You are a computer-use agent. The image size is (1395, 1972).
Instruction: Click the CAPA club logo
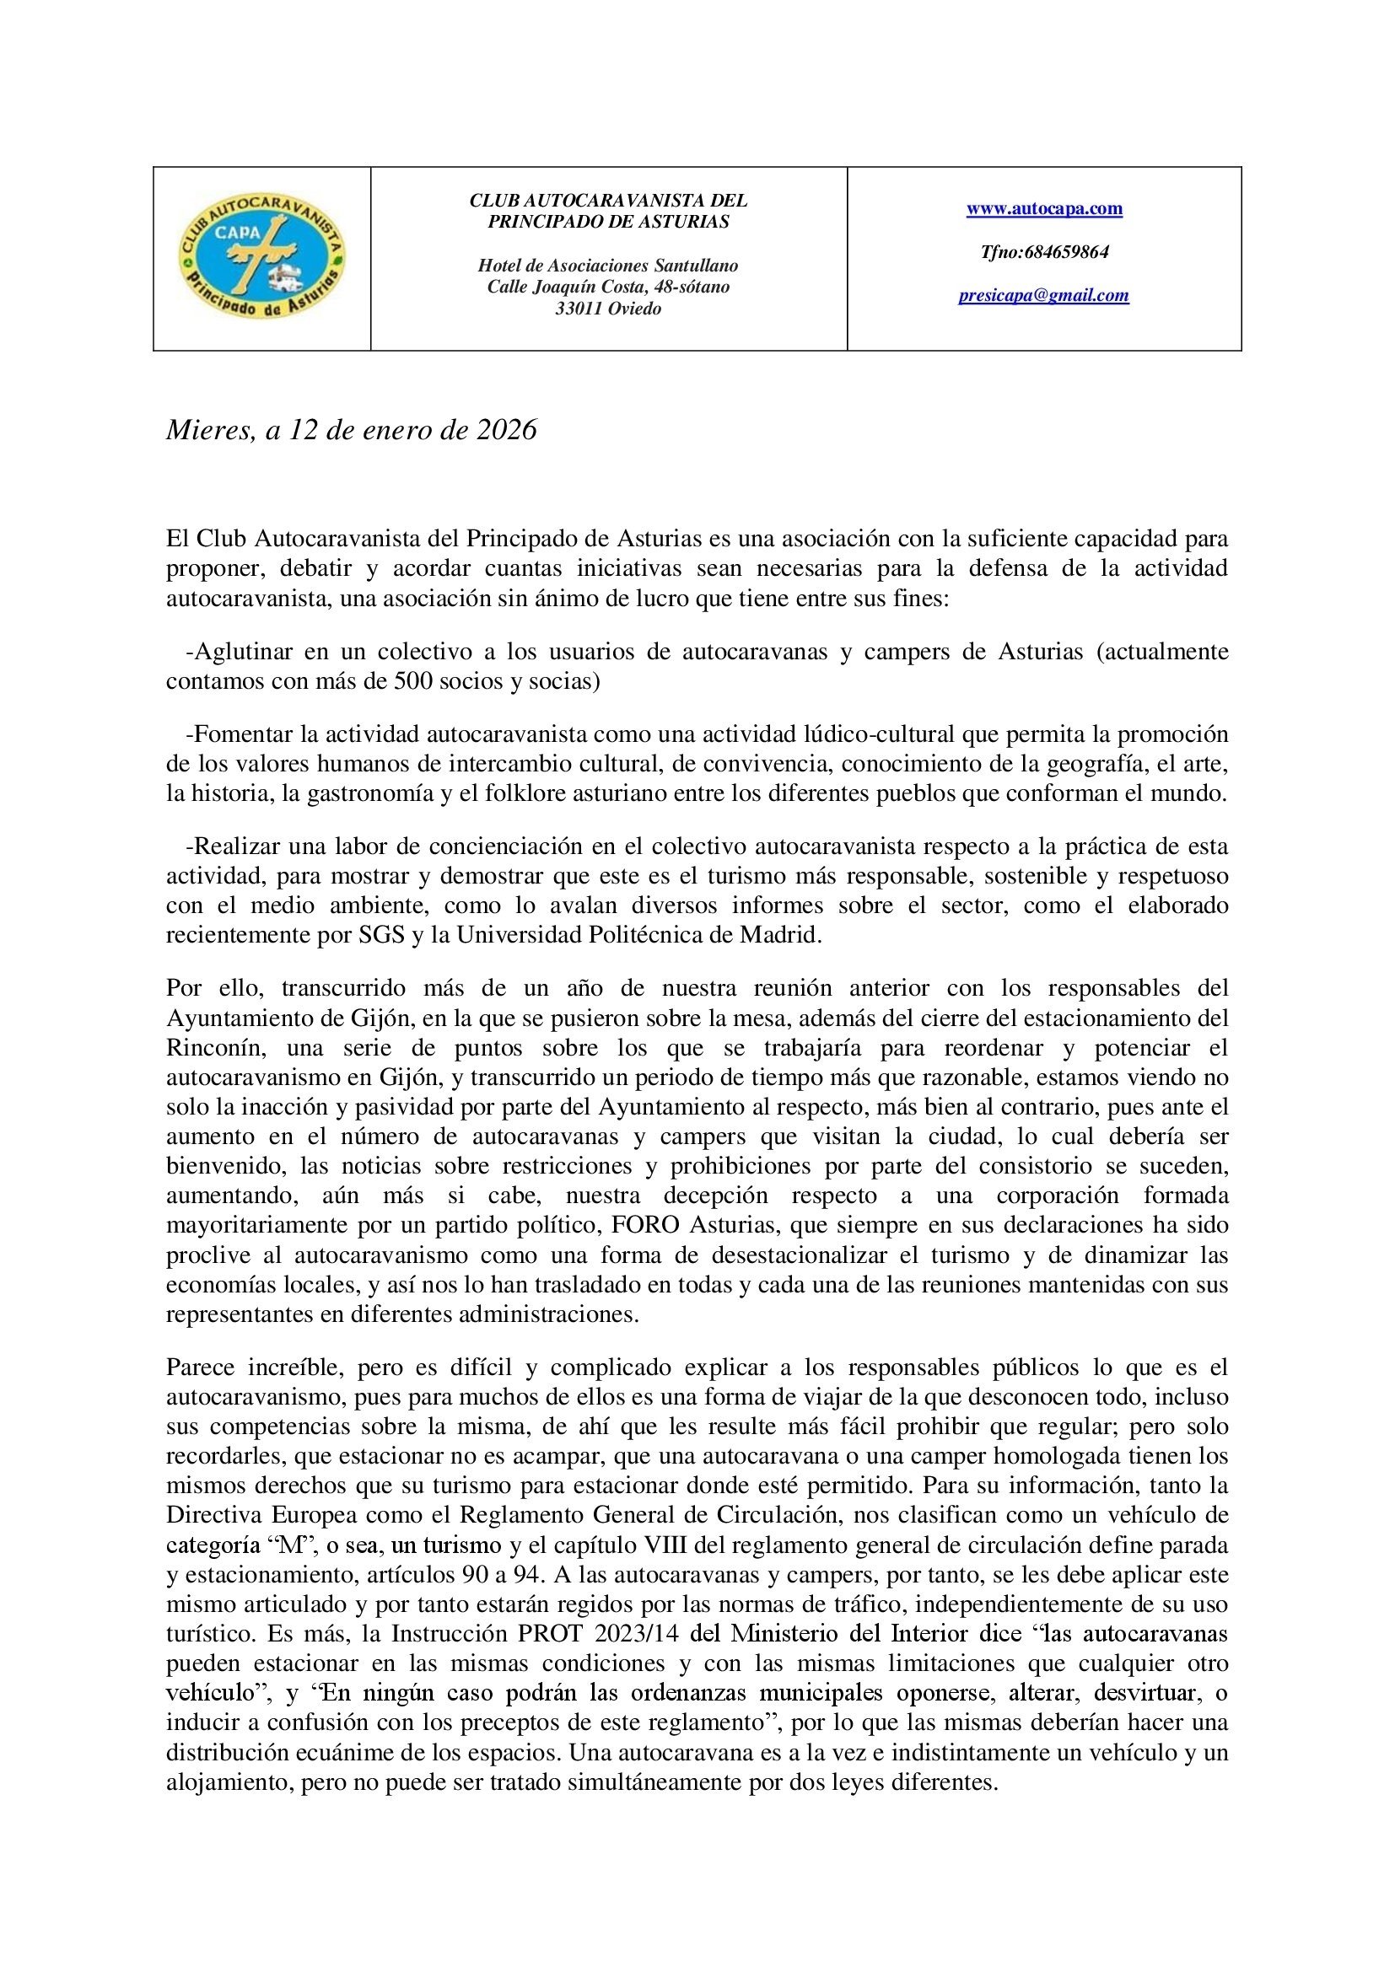(x=262, y=259)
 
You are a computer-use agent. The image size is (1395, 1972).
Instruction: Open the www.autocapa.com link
(x=1044, y=209)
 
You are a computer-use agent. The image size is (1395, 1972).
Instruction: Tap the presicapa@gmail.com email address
(x=1043, y=296)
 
